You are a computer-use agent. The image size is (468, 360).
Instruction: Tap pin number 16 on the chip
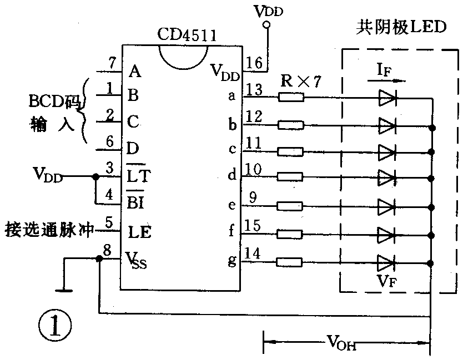click(x=255, y=63)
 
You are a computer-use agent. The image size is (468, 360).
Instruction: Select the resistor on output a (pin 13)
click(x=290, y=98)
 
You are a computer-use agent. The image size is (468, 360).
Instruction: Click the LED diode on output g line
click(x=387, y=261)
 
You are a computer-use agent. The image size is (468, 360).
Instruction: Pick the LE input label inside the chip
click(x=140, y=232)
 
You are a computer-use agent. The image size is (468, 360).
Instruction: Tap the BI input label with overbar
click(x=137, y=202)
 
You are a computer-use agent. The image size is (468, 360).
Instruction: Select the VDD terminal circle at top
click(x=267, y=25)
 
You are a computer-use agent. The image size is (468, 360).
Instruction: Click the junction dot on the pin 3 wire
click(x=95, y=177)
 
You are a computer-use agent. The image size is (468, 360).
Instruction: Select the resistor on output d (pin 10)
click(x=290, y=178)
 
